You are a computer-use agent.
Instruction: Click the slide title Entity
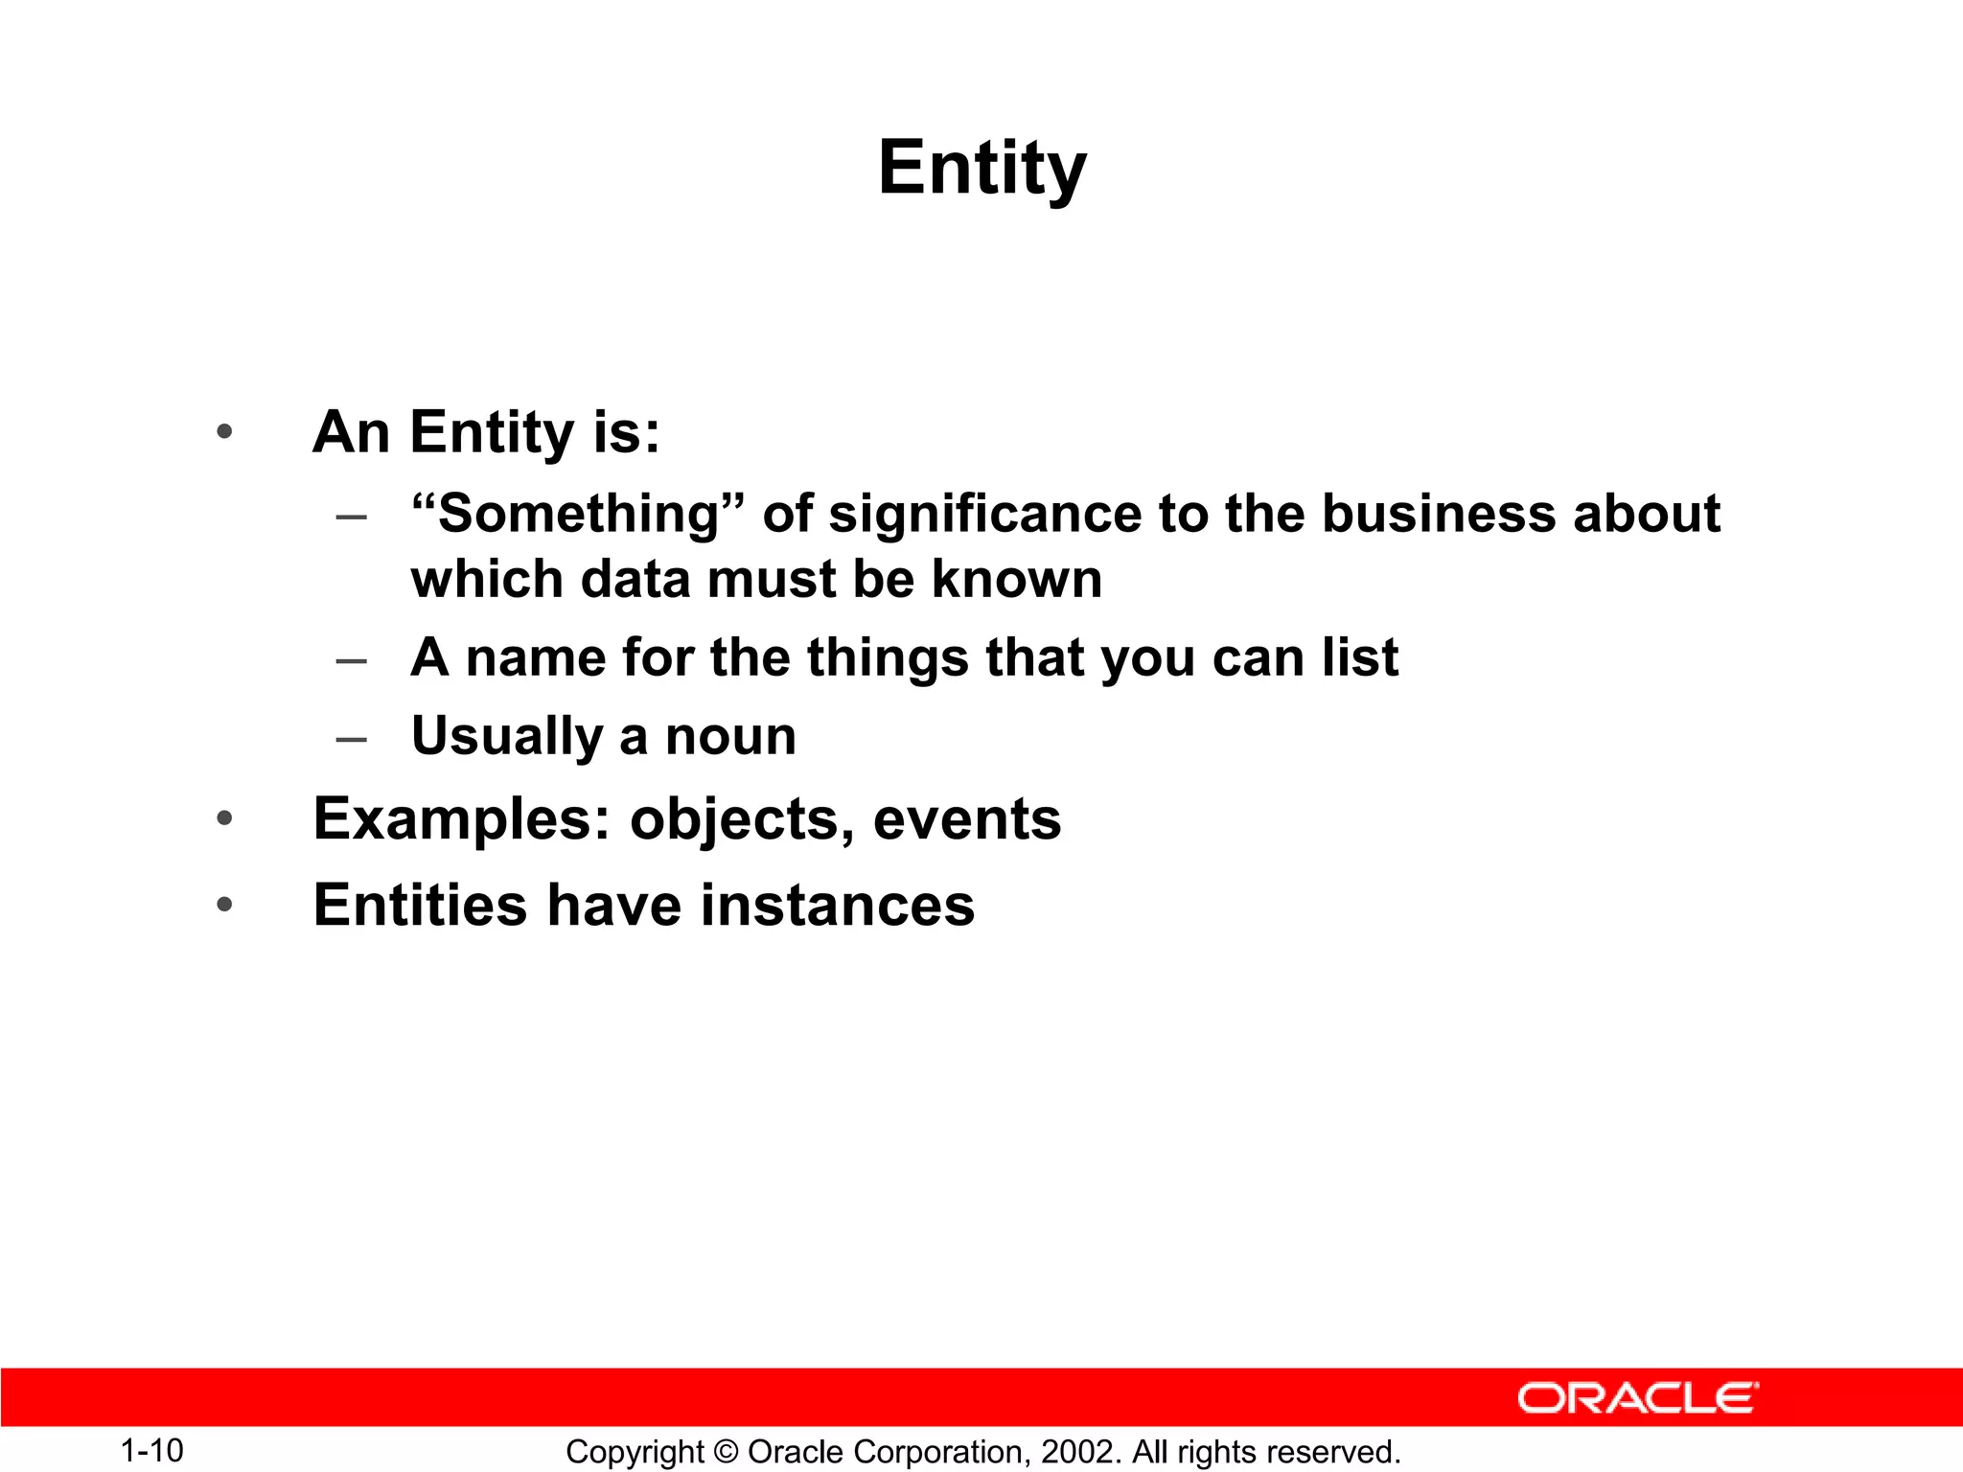click(981, 169)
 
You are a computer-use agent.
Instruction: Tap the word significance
click(985, 514)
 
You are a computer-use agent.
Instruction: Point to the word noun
click(730, 736)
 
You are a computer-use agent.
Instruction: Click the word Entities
click(420, 905)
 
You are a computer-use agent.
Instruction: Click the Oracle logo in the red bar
click(1637, 1398)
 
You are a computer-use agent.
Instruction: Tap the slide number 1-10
click(151, 1450)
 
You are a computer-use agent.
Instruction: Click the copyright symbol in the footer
click(726, 1452)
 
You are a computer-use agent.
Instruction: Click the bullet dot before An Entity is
click(224, 432)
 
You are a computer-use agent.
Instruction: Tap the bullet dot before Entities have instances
click(224, 905)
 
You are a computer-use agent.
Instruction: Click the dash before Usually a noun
click(352, 739)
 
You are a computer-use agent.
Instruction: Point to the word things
click(888, 657)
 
